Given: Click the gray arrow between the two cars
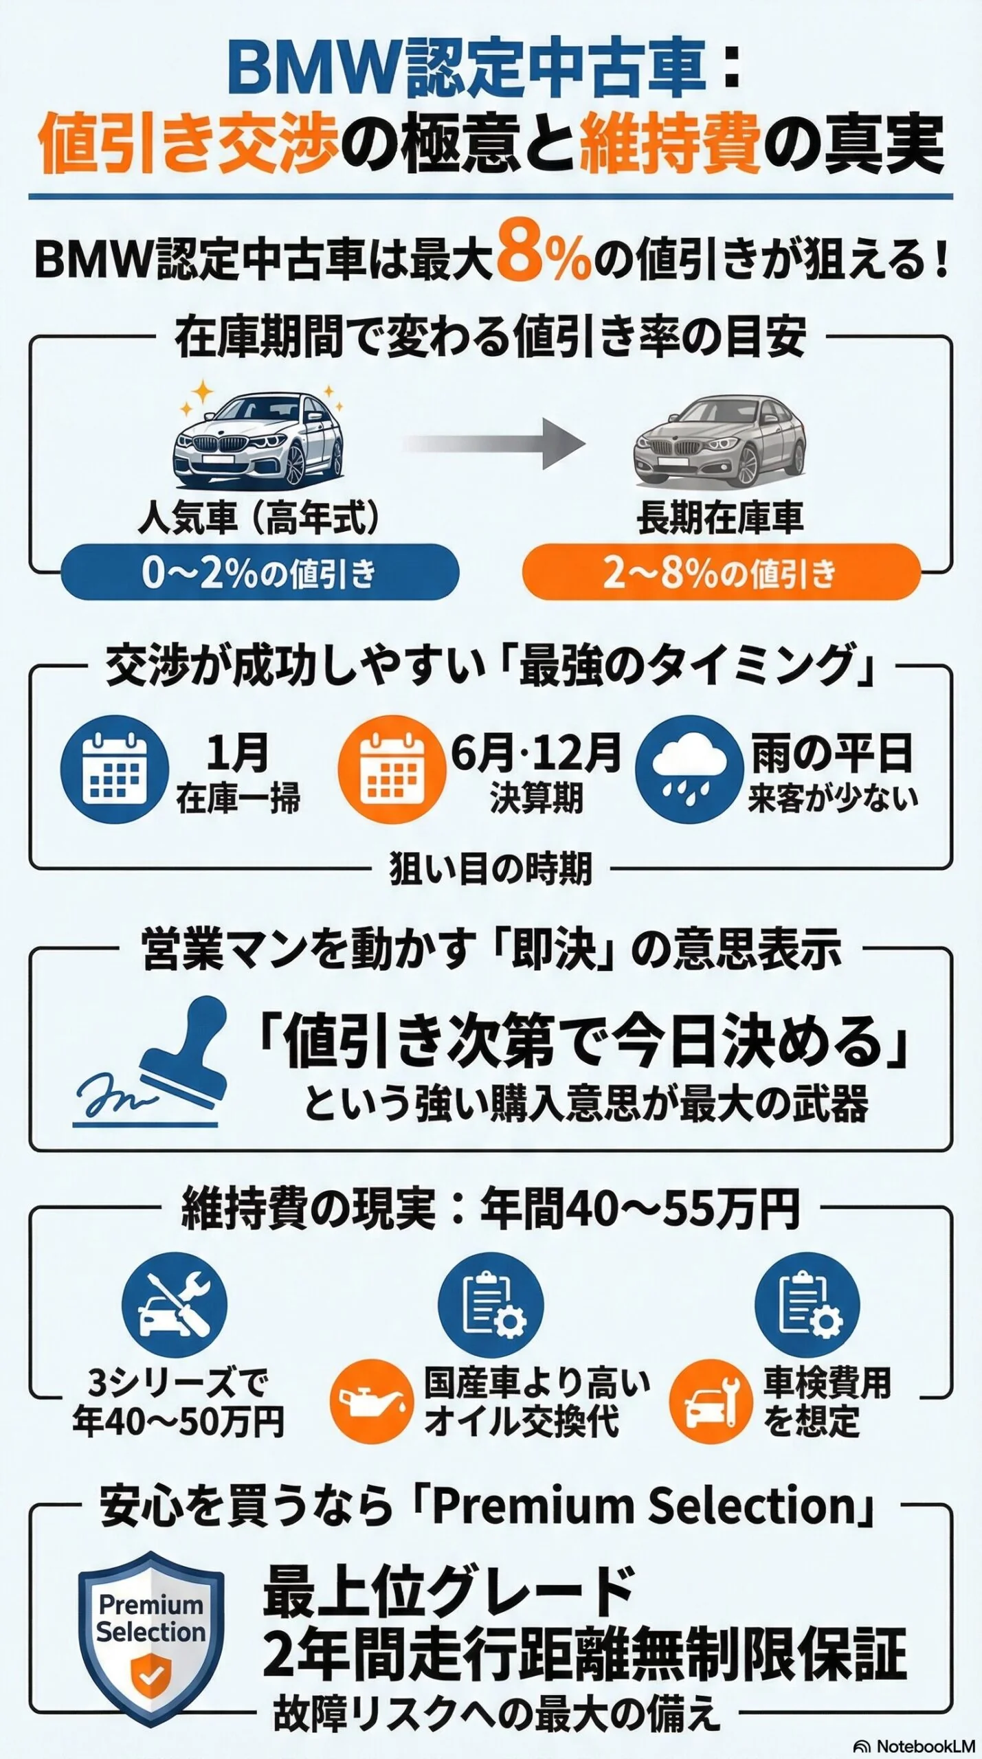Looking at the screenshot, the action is pos(494,443).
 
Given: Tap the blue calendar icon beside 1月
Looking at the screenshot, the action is pos(115,770).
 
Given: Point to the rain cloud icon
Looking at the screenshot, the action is pos(689,770).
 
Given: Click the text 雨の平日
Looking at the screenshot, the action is pos(832,754).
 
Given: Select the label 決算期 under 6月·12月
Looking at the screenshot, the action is pos(536,798).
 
